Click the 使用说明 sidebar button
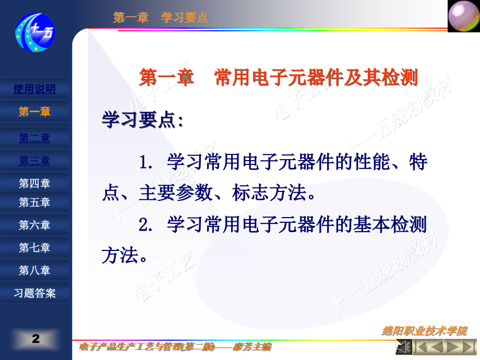click(34, 89)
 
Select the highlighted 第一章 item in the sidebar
click(34, 112)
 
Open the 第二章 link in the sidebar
click(34, 138)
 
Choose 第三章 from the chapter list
click(34, 161)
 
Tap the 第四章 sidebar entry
click(34, 183)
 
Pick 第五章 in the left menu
click(34, 202)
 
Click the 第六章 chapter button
click(34, 225)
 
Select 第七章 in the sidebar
click(34, 248)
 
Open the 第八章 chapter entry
click(34, 270)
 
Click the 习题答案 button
click(34, 293)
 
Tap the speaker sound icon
click(403, 346)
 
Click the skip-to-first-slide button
click(420, 346)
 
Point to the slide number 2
click(35, 339)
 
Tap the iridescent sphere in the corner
click(463, 16)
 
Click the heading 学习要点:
click(142, 121)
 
